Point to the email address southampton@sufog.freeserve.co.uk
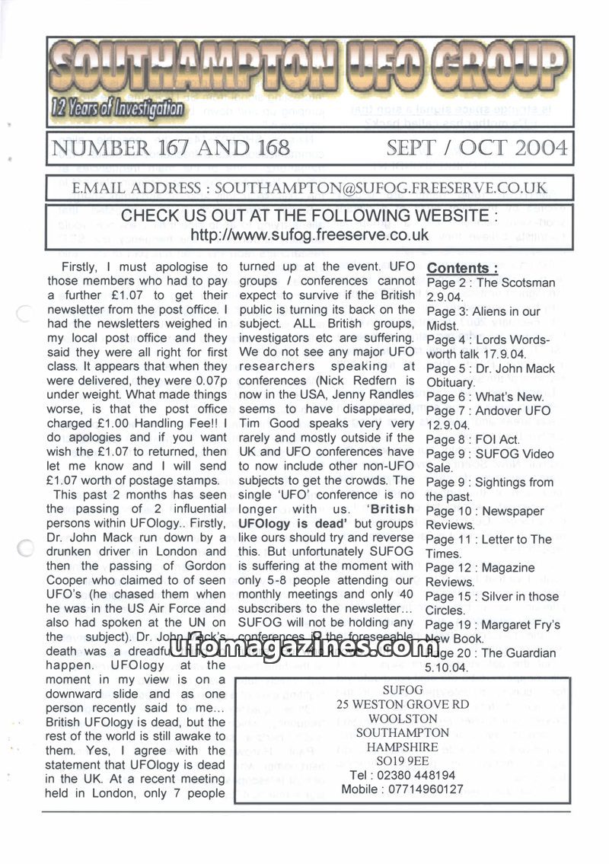pyautogui.click(x=381, y=187)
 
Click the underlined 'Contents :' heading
pyautogui.click(x=463, y=268)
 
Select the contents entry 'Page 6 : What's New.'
pyautogui.click(x=485, y=397)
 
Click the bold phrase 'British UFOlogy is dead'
pyautogui.click(x=327, y=517)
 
